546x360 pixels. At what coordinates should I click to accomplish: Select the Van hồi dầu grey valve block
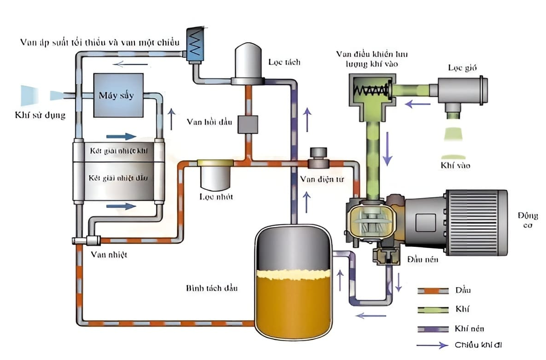(248, 124)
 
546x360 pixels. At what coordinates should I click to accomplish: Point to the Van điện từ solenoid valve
(318, 159)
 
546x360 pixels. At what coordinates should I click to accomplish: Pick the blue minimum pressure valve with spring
(195, 44)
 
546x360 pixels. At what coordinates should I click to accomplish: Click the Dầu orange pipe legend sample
(432, 290)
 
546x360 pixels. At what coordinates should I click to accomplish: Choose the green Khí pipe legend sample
(432, 310)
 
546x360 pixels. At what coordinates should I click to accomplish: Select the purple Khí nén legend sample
(432, 328)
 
